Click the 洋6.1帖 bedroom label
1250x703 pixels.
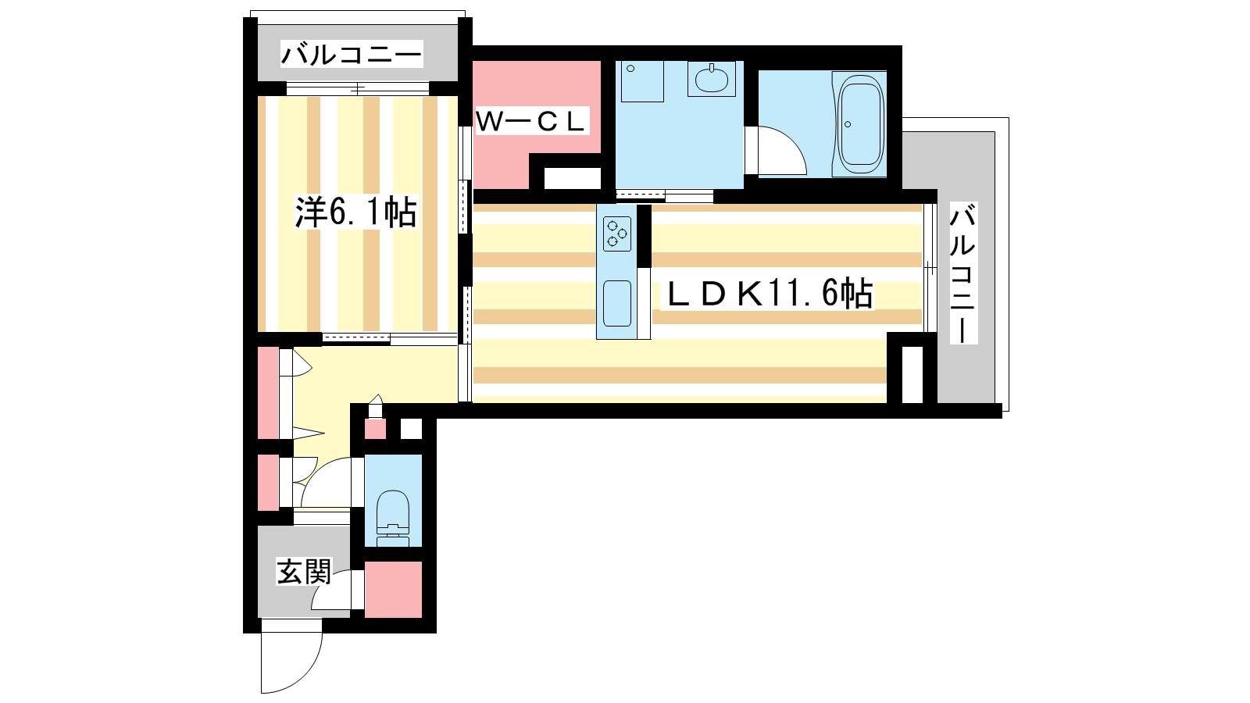pyautogui.click(x=355, y=212)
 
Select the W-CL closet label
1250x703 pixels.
pyautogui.click(x=530, y=121)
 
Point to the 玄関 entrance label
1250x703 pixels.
pyautogui.click(x=304, y=571)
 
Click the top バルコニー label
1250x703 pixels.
pyautogui.click(x=352, y=55)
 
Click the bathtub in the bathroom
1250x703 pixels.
pyautogui.click(x=860, y=124)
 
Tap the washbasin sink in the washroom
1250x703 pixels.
pyautogui.click(x=712, y=79)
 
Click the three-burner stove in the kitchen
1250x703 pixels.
pyautogui.click(x=617, y=234)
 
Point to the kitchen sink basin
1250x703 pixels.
pyautogui.click(x=617, y=304)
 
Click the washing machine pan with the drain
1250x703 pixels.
pyautogui.click(x=641, y=81)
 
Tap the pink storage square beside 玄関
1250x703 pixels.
pyautogui.click(x=393, y=589)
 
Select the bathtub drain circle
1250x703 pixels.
pyautogui.click(x=848, y=124)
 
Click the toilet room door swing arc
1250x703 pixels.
pyautogui.click(x=326, y=483)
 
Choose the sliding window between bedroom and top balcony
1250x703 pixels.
pyautogui.click(x=358, y=88)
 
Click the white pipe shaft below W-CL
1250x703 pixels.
pyautogui.click(x=572, y=179)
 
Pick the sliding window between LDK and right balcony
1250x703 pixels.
pyautogui.click(x=930, y=269)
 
